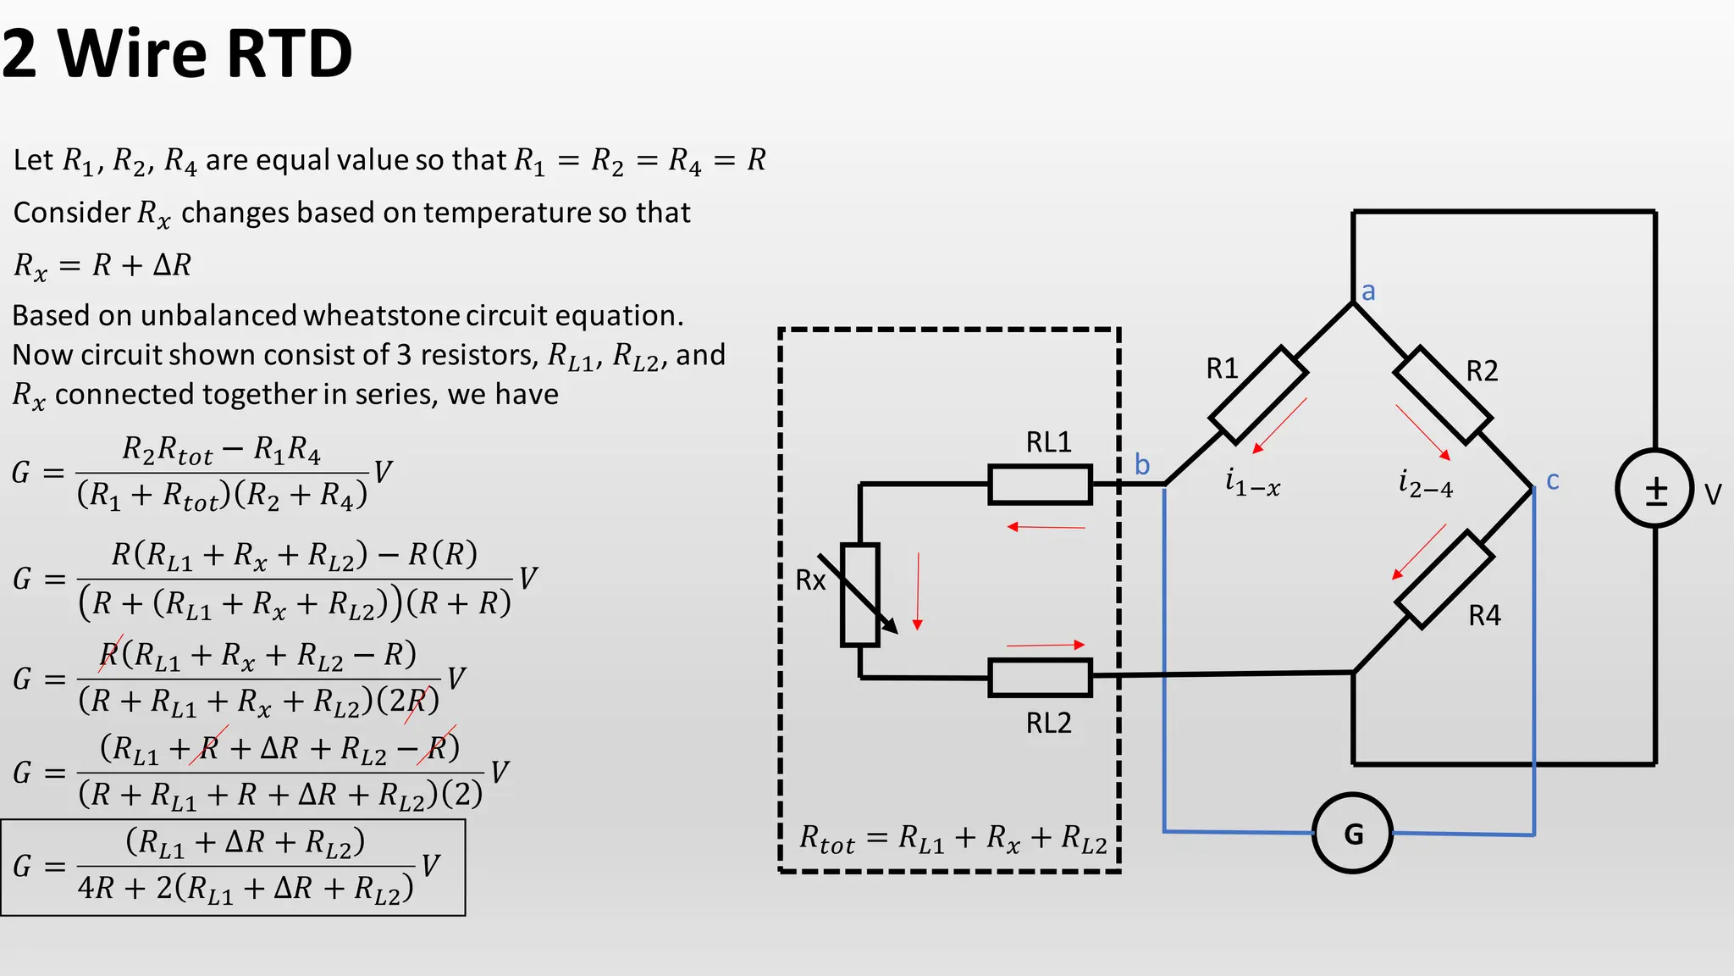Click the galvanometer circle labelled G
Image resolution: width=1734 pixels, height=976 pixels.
pos(1352,834)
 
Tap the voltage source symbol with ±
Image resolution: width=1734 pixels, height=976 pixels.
pos(1654,489)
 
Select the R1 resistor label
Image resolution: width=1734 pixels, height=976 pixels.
pos(1222,369)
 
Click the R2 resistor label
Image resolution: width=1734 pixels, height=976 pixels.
pos(1482,371)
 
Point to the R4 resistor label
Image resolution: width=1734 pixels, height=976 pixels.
pos(1484,615)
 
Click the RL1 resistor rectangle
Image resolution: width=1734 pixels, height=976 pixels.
pos(1040,485)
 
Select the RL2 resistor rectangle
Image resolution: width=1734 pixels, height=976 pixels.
pos(1040,678)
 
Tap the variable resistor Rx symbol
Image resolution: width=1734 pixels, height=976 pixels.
pos(860,595)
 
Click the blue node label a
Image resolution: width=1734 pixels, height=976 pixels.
pos(1368,291)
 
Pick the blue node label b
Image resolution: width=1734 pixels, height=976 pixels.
pos(1142,464)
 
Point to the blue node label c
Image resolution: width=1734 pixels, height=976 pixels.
pos(1553,480)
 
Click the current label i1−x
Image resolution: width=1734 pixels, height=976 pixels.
pos(1252,483)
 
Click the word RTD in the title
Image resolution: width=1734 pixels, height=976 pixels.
pos(289,53)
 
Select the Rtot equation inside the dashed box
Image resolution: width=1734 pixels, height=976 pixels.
pos(953,839)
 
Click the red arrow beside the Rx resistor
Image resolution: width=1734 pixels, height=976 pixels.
pos(918,591)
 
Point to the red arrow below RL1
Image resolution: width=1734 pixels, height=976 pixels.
pos(1046,527)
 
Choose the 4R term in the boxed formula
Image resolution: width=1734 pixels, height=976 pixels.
pos(96,888)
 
